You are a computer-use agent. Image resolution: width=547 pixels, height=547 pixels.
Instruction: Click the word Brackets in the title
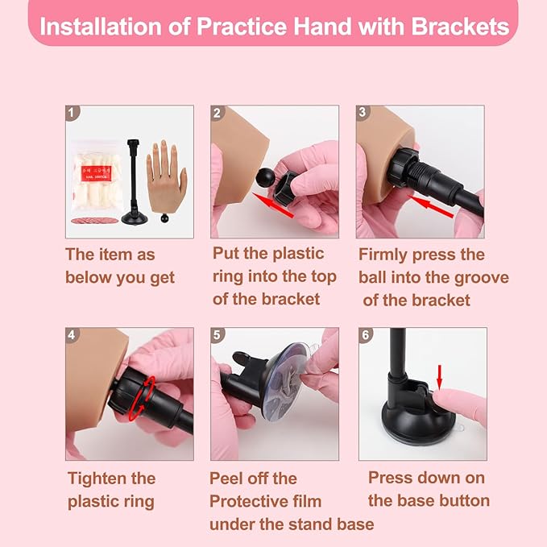point(461,27)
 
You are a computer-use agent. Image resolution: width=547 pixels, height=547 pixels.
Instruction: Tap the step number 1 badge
point(72,113)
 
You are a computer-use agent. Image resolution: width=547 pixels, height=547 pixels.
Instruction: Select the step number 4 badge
point(72,335)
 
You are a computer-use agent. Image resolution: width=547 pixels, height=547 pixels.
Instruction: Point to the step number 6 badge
point(365,335)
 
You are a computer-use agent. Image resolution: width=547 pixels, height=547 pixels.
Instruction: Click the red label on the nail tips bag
point(97,173)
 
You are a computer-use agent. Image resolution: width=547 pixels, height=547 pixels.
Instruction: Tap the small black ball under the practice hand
point(164,218)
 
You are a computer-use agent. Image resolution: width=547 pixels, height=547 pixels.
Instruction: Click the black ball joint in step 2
point(264,177)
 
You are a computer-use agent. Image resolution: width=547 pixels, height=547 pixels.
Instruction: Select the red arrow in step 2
point(273,205)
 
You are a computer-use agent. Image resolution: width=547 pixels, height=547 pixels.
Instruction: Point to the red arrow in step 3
point(430,205)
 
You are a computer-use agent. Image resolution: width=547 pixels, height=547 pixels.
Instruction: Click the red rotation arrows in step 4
point(142,398)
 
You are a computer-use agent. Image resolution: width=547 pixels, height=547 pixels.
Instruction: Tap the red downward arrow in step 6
point(440,377)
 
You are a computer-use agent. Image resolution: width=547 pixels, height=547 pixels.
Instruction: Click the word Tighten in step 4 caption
point(97,479)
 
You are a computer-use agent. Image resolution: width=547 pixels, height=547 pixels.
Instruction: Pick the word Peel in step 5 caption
point(226,479)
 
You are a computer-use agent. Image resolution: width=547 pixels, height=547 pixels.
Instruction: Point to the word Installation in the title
point(102,27)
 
